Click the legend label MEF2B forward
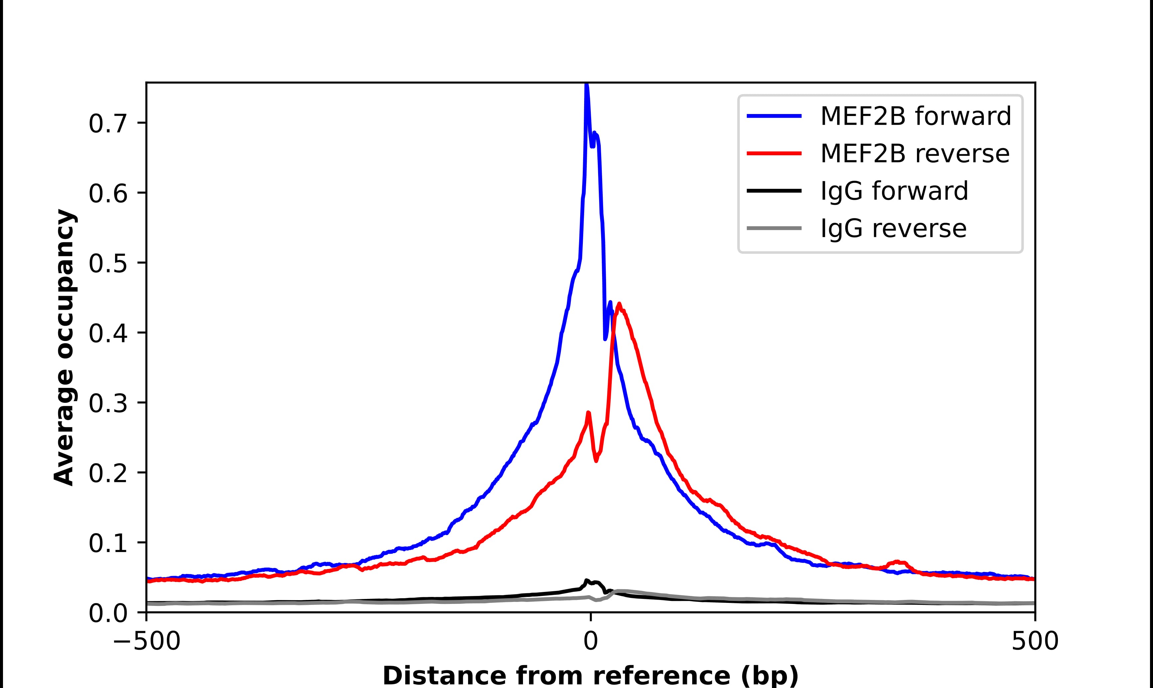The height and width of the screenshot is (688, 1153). coord(916,116)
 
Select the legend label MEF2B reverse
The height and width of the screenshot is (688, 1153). coord(915,154)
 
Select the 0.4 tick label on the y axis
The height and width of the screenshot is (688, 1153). coord(108,333)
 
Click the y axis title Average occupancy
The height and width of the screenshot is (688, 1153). coord(64,347)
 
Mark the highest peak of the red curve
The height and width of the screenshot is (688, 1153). coord(619,304)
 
